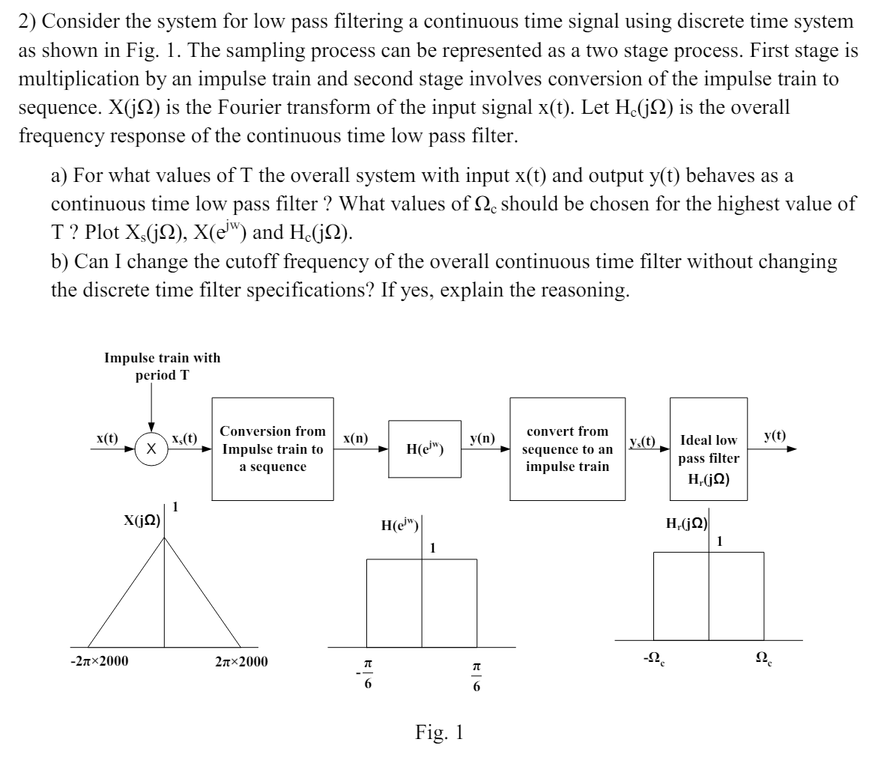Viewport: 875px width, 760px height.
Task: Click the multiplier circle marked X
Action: click(151, 449)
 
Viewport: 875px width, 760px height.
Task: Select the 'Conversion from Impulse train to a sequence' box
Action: click(273, 449)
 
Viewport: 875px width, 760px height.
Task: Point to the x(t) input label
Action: click(107, 438)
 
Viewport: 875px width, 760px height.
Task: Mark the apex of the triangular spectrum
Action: click(164, 541)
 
